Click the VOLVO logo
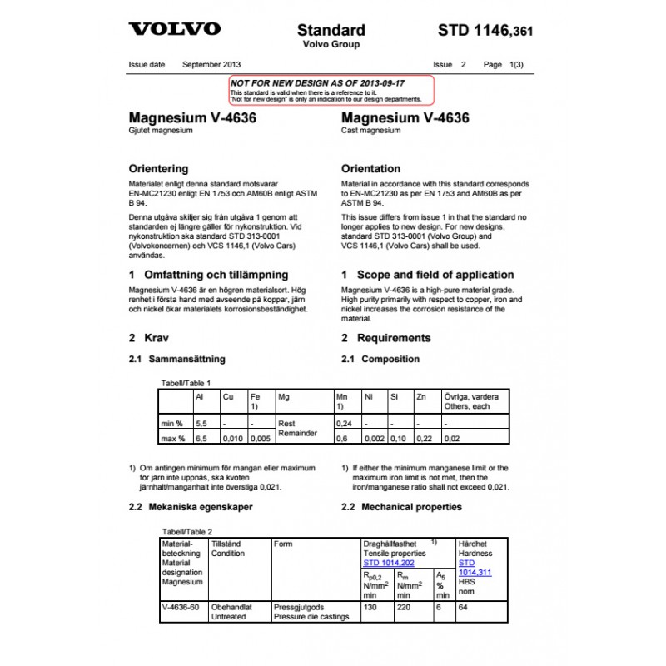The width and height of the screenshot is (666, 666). point(174,29)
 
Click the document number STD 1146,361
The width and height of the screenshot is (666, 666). point(485,32)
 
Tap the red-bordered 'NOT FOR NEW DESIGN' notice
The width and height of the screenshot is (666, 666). point(331,89)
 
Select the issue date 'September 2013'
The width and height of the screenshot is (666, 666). point(211,64)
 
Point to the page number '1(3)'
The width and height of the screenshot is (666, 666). point(516,64)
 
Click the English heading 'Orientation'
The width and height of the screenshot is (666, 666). point(370,168)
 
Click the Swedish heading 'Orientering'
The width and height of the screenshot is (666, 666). point(159,168)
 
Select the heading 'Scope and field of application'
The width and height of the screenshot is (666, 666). point(435,275)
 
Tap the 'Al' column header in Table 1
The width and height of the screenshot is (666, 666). point(200,397)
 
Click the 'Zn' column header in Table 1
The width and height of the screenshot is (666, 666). point(421,397)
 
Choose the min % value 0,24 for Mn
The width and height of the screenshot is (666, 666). point(343,424)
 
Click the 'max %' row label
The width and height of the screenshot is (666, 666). point(173,438)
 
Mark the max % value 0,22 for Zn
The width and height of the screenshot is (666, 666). point(425,438)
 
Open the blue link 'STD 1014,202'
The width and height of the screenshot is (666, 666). point(389,563)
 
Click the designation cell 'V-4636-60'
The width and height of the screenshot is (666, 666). point(181,607)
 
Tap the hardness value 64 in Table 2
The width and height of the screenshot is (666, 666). point(465,607)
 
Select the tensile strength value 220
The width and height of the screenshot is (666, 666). point(405,607)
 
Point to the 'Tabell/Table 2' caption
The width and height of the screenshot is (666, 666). point(186,531)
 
